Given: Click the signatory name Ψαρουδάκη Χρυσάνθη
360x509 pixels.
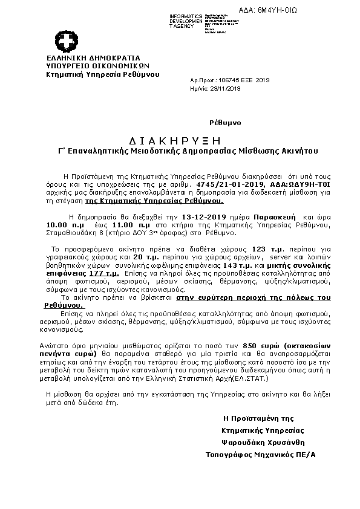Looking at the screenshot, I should tap(261, 425).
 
